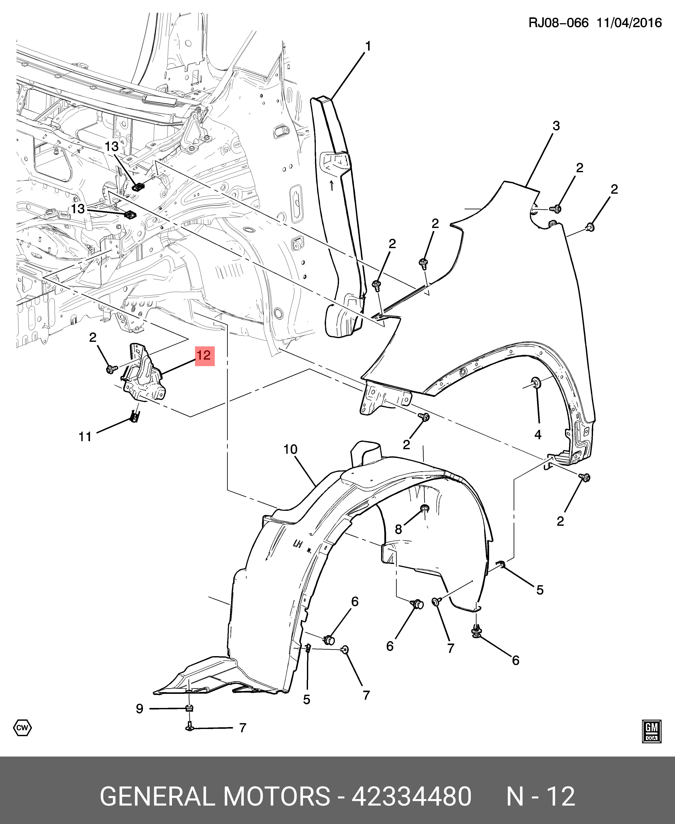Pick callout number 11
85,437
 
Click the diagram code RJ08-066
558,23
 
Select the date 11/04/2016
629,23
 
